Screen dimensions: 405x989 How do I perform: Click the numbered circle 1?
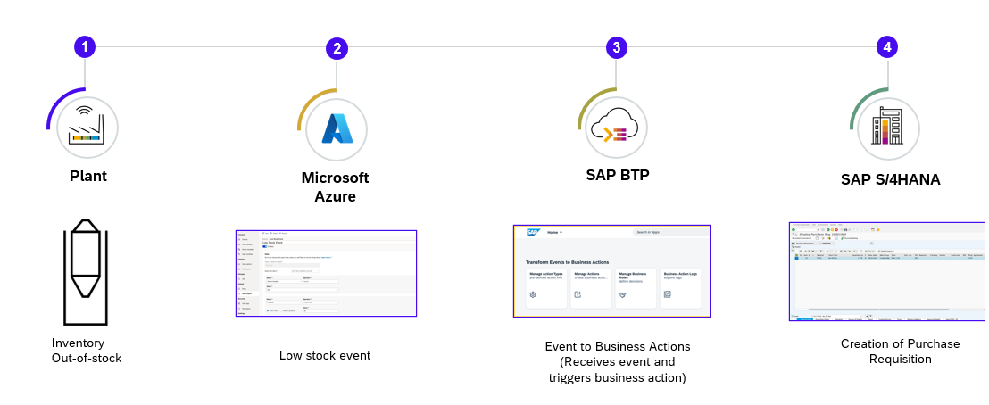point(85,46)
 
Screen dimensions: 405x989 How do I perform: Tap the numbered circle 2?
point(337,49)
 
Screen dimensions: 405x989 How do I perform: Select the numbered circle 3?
point(615,48)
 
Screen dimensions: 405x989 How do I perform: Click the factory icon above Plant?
point(87,128)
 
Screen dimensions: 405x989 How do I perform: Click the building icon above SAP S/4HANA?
point(887,128)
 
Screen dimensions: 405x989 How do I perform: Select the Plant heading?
point(87,176)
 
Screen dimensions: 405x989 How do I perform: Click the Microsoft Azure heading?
point(335,186)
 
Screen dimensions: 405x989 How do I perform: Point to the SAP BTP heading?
point(617,175)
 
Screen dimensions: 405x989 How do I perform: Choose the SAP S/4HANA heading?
point(890,179)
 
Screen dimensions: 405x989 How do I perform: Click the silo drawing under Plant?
point(85,271)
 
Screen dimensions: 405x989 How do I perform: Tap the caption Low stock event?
point(325,355)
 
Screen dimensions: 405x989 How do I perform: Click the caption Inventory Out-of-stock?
point(86,350)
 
